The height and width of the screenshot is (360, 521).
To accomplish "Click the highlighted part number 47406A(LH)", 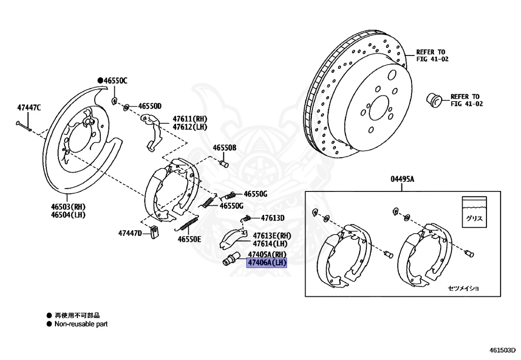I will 267,263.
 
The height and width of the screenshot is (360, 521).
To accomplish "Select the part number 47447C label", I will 28,107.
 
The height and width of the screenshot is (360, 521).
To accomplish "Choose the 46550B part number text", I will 224,148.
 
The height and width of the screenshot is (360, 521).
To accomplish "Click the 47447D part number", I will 130,233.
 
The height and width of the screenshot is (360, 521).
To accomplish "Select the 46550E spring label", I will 189,239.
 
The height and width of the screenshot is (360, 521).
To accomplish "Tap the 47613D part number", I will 273,218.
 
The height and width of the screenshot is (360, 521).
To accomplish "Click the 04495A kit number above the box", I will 402,179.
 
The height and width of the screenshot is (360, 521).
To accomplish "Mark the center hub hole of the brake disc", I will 378,108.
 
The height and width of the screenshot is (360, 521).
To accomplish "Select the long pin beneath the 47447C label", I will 24,125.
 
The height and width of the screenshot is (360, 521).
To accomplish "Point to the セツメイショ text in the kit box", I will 464,288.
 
